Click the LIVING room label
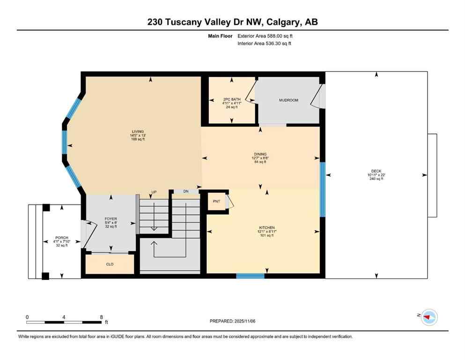tap(137, 132)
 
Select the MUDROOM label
tap(288, 100)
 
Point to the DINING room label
tap(260, 154)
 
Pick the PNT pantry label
tap(215, 202)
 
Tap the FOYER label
tap(111, 219)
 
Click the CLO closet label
tap(110, 264)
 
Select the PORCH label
tap(62, 238)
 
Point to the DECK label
tap(376, 171)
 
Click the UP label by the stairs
tap(153, 192)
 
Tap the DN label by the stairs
tap(185, 192)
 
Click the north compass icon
tap(428, 317)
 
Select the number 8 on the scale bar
tap(101, 317)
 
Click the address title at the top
tap(232, 22)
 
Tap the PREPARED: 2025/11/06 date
tap(233, 321)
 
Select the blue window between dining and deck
tap(322, 189)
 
